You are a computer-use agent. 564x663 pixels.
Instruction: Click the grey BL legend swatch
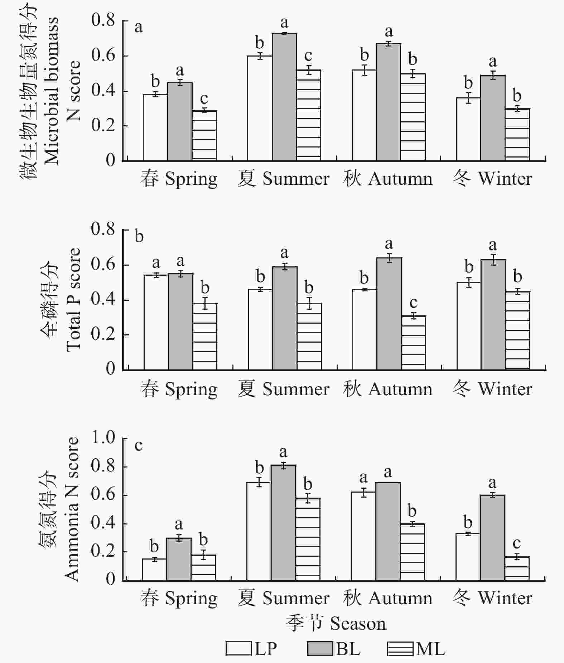click(320, 649)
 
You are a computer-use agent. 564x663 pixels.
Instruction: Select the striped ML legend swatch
click(400, 649)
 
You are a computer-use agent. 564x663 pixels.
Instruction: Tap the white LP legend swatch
click(239, 649)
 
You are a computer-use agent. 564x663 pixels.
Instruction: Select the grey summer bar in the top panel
click(284, 97)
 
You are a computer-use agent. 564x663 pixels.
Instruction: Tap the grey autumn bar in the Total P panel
click(389, 314)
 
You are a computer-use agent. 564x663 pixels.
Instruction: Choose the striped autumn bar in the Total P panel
click(414, 343)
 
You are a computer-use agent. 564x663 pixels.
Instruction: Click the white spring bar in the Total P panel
click(156, 322)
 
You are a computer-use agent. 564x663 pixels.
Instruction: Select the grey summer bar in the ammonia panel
click(283, 523)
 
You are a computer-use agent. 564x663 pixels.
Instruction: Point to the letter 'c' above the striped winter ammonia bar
click(516, 544)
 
